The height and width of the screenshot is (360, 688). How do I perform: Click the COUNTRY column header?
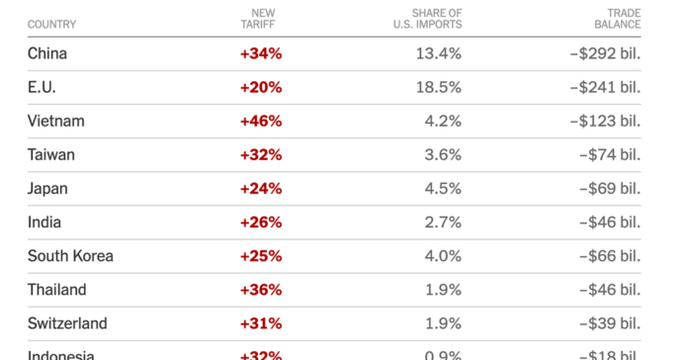pos(51,24)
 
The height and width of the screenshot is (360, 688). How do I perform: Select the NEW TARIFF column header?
pos(261,18)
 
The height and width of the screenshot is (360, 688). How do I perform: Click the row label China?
pos(47,53)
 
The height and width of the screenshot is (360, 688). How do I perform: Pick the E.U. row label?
pos(43,87)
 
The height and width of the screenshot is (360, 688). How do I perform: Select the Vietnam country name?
pos(55,121)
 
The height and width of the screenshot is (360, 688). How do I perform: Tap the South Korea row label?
pos(70,256)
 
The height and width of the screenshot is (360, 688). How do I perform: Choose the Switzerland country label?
pos(67,323)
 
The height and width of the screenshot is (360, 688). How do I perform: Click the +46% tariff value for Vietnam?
pos(261,121)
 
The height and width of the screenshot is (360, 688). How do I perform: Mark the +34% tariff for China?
pos(261,53)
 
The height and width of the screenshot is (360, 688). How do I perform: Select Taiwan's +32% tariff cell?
pos(261,154)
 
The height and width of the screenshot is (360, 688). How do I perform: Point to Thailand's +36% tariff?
pos(261,290)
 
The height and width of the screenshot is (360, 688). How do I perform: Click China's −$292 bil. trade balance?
pos(605,53)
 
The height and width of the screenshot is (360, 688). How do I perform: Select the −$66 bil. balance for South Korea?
pos(609,256)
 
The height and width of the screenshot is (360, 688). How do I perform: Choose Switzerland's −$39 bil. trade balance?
pos(609,323)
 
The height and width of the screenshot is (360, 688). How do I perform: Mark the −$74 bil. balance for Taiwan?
pos(609,154)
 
